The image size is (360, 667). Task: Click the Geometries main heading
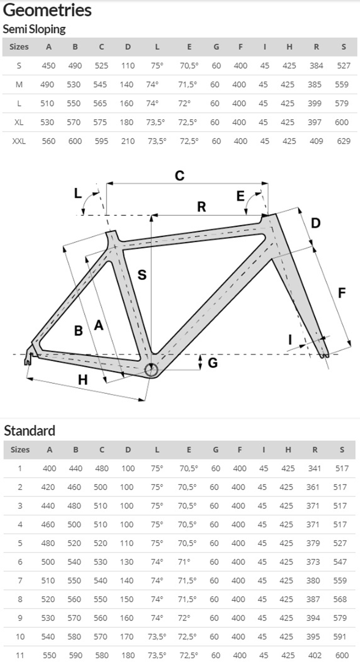(47, 10)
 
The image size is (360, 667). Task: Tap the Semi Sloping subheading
(34, 29)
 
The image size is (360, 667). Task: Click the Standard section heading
(29, 431)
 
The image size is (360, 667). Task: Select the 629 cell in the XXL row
(343, 141)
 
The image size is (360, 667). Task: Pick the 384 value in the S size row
(316, 66)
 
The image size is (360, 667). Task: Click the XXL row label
(19, 141)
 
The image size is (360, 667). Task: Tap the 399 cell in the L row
(315, 104)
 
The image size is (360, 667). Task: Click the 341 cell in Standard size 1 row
(314, 468)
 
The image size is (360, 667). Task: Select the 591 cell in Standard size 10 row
(340, 637)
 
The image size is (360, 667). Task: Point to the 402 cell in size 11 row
(314, 655)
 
